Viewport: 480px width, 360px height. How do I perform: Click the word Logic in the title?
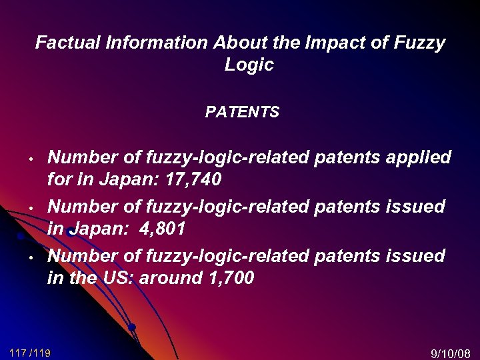tap(249, 65)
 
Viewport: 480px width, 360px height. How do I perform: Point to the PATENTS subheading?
tap(242, 113)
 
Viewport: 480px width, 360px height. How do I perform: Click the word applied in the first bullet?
tap(417, 158)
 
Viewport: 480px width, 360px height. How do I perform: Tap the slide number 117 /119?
tap(31, 352)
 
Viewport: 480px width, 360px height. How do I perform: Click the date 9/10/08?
tap(451, 353)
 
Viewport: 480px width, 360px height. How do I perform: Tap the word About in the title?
tap(238, 43)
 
